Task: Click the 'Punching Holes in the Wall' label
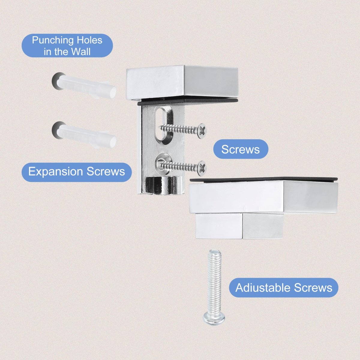67,46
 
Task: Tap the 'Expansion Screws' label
76,172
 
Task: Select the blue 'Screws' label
241,149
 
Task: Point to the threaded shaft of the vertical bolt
215,281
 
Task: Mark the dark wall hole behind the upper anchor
56,82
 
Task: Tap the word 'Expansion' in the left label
56,172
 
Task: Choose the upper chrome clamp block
182,82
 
